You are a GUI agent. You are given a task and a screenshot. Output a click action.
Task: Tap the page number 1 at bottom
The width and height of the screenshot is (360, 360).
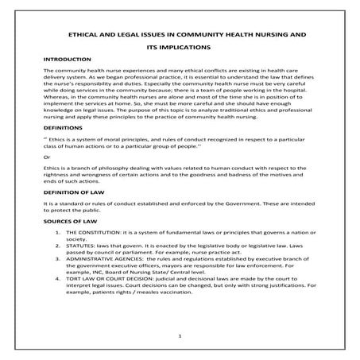pyautogui.click(x=180, y=336)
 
